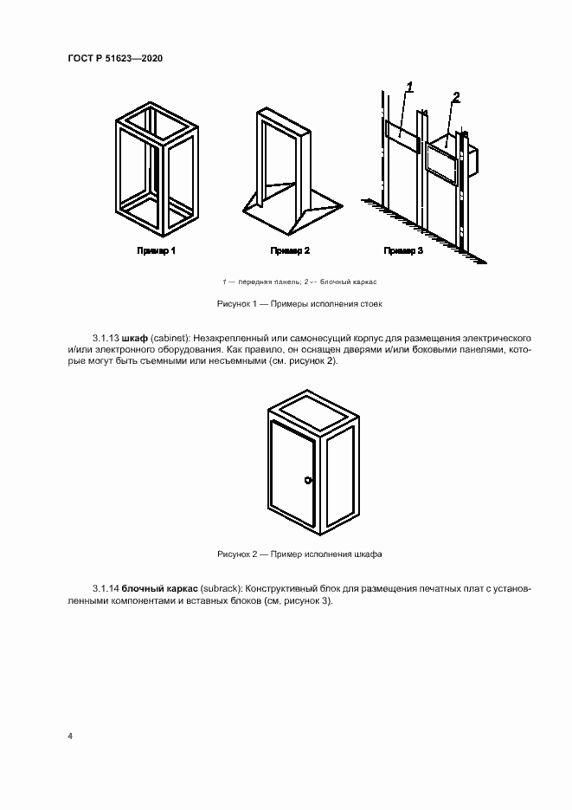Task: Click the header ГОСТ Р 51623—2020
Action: [115, 58]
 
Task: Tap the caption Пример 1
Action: [157, 250]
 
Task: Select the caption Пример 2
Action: [290, 250]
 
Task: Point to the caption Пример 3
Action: [403, 250]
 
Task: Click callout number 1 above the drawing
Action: [409, 86]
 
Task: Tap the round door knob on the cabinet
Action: [307, 481]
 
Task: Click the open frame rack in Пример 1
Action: [157, 169]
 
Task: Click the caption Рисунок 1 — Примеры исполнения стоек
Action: [299, 304]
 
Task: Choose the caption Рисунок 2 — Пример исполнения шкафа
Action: [299, 553]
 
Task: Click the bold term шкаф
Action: [136, 336]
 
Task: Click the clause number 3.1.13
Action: [105, 336]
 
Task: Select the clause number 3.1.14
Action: [105, 589]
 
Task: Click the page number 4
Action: [69, 735]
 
